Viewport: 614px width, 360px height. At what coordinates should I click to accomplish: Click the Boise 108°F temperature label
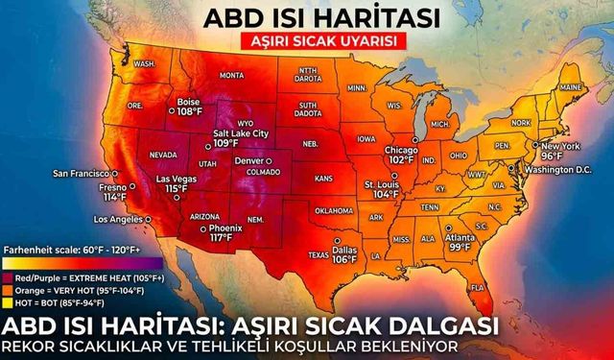pyautogui.click(x=189, y=106)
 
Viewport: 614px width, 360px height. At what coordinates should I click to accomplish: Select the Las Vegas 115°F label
pyautogui.click(x=175, y=184)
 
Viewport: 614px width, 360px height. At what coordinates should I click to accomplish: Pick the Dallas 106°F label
pyautogui.click(x=343, y=252)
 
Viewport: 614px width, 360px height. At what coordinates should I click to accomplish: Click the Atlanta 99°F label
pyautogui.click(x=459, y=242)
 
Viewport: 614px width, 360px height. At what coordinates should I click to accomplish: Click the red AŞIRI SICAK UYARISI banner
pyautogui.click(x=306, y=43)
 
